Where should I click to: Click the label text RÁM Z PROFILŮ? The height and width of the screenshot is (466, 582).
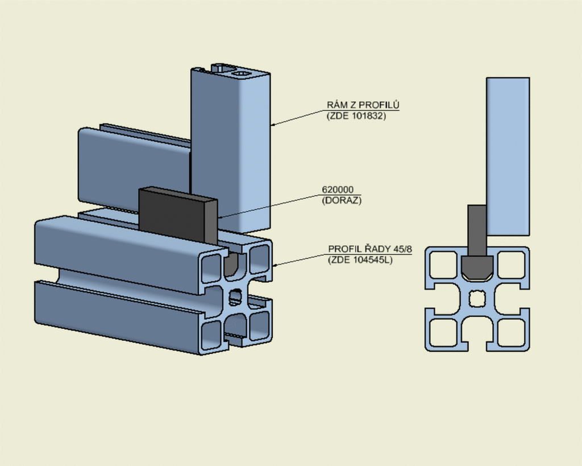(363, 105)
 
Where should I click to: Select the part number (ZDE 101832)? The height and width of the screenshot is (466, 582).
(356, 116)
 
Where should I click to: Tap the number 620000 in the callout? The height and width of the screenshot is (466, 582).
(338, 190)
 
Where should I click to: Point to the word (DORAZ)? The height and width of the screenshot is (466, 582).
(342, 200)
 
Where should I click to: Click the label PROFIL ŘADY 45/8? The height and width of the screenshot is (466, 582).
(369, 249)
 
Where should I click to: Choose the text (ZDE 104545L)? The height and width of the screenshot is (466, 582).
(360, 260)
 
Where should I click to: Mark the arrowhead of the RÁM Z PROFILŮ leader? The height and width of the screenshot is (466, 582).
(273, 125)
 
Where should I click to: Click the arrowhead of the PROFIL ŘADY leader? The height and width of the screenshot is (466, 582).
(275, 265)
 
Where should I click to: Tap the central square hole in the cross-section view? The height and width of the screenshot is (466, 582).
(477, 299)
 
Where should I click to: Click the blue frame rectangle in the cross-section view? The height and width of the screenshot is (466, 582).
(508, 156)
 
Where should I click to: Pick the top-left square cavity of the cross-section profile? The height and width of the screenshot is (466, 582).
(443, 265)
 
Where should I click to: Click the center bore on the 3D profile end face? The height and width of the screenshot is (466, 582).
(235, 296)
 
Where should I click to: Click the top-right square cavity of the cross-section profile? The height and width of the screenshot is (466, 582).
(511, 265)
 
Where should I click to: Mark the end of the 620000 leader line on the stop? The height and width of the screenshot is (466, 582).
(218, 217)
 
